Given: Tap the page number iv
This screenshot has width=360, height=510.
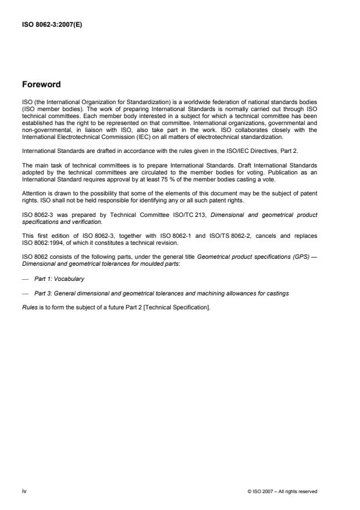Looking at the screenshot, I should [24, 491].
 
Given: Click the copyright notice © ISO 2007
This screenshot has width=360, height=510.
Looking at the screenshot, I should [282, 491].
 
